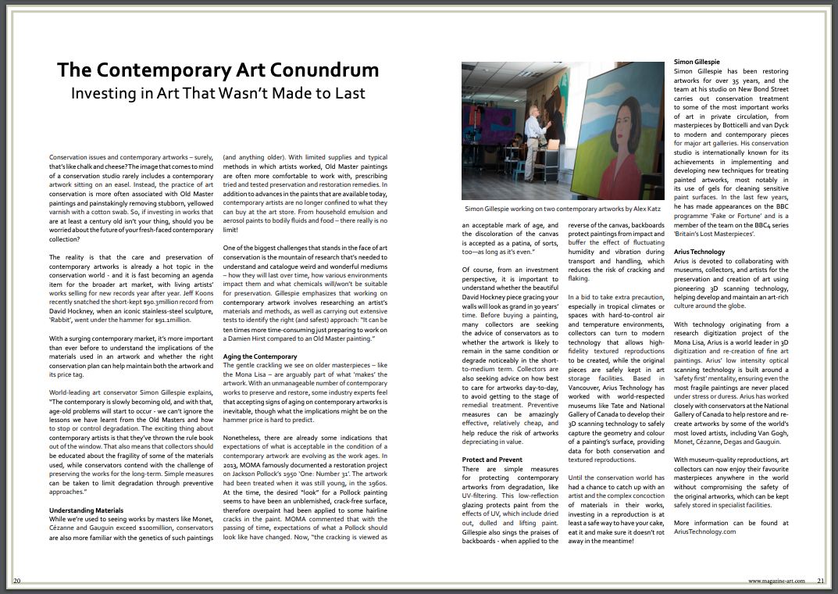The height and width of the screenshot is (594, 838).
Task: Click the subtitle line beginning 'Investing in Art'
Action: pyautogui.click(x=218, y=94)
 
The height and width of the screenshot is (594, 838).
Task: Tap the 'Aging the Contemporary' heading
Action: pyautogui.click(x=260, y=356)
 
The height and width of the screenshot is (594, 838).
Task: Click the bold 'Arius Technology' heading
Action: pyautogui.click(x=699, y=252)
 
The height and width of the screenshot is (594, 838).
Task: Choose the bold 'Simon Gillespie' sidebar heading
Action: pyautogui.click(x=697, y=62)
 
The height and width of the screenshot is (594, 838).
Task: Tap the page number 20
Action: pyautogui.click(x=16, y=581)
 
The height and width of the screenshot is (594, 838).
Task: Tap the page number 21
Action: pyautogui.click(x=821, y=581)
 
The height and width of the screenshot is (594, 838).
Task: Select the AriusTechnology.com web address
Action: pyautogui.click(x=704, y=531)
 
